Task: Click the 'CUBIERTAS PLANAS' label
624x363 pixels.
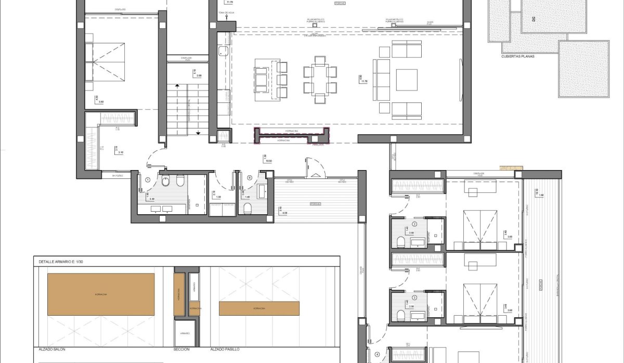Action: [x=518, y=57]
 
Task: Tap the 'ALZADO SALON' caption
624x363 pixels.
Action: [x=51, y=349]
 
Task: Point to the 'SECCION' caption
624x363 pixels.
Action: [x=182, y=349]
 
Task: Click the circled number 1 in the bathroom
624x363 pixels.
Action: [x=148, y=179]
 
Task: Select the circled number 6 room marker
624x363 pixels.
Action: [x=250, y=178]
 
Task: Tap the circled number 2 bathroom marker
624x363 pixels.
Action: [x=414, y=224]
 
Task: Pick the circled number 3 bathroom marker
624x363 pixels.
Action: [x=414, y=297]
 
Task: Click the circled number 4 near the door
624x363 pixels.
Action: [x=378, y=356]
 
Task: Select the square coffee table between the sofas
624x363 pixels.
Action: [x=407, y=80]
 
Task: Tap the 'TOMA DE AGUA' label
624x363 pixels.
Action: [x=227, y=11]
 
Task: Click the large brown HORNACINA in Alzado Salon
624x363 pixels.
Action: [x=101, y=294]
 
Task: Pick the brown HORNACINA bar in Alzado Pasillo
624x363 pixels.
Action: [x=259, y=308]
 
